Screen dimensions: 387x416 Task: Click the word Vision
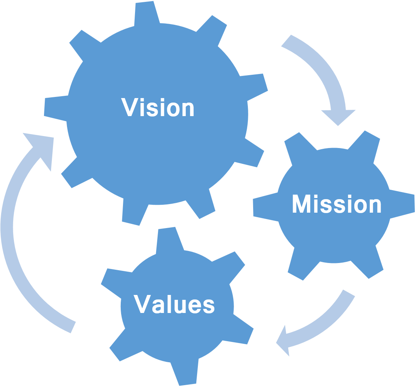(158, 107)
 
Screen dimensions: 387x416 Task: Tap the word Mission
(337, 205)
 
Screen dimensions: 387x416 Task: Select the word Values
(175, 304)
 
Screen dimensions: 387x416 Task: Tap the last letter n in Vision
(188, 109)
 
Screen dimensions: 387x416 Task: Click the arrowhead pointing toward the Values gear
(284, 342)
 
